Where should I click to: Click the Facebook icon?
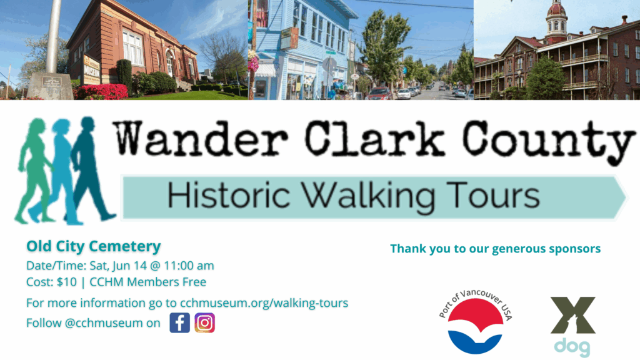point(179,323)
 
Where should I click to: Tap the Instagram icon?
point(204,323)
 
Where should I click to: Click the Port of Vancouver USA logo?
point(475,322)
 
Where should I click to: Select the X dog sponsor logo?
point(572,326)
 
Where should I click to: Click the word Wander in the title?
point(201,138)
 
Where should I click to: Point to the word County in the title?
point(549,141)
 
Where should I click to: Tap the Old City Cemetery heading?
point(94,246)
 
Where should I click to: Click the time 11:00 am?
point(189,266)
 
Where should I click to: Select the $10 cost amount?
point(66,282)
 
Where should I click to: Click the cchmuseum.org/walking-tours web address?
point(264,303)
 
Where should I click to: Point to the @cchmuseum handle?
point(104,323)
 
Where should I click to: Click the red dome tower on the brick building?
point(556,21)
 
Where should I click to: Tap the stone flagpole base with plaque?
point(50,86)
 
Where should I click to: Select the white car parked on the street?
point(404,94)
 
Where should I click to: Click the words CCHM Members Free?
point(147,282)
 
